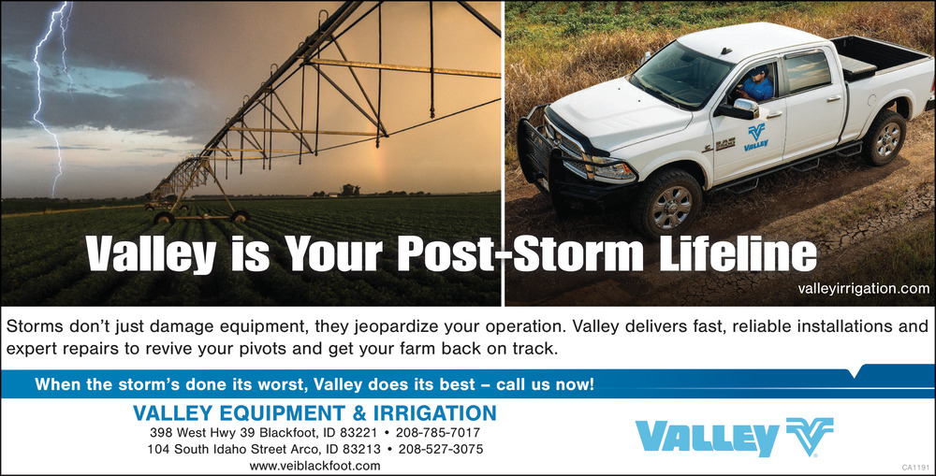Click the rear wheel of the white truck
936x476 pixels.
[x=885, y=137]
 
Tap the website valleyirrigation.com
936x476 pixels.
[x=863, y=289]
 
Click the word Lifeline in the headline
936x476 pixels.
[x=738, y=254]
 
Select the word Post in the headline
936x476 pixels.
[x=446, y=254]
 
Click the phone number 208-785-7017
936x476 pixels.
[x=437, y=432]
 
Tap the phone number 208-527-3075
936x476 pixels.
[x=441, y=449]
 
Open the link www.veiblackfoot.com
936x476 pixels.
[x=314, y=466]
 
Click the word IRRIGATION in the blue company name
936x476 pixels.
[x=434, y=412]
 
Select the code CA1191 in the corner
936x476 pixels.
[x=915, y=467]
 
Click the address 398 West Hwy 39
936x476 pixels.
[x=202, y=432]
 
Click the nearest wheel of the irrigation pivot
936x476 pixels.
[x=164, y=218]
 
